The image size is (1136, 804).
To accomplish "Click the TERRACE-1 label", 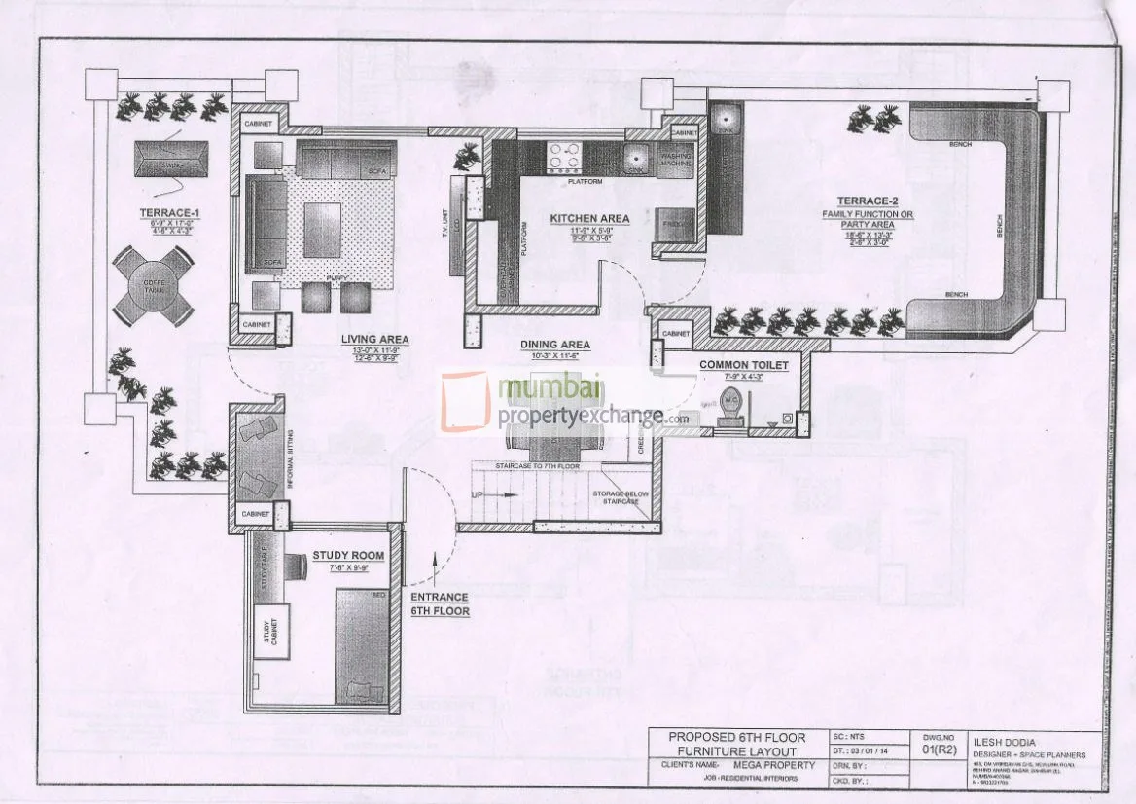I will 159,211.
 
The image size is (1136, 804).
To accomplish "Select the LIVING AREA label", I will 374,339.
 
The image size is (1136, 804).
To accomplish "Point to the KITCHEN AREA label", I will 589,218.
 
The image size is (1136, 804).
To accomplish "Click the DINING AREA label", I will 555,345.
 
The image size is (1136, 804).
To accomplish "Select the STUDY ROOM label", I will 348,556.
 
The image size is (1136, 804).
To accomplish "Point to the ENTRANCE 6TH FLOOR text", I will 440,603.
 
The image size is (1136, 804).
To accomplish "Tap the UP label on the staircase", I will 478,494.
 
